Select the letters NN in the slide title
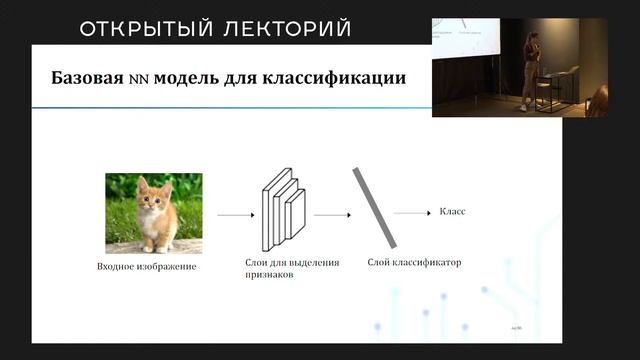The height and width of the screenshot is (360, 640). point(138,78)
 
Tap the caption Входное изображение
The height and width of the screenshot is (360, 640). point(147,267)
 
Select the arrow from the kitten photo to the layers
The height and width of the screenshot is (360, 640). point(235,214)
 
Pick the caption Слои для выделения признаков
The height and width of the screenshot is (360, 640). point(291,268)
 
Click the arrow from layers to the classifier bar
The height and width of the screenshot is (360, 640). point(330,214)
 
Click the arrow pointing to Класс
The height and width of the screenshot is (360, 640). point(411,213)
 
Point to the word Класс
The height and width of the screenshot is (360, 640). point(453,212)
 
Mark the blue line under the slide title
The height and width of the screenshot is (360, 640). point(230,106)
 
